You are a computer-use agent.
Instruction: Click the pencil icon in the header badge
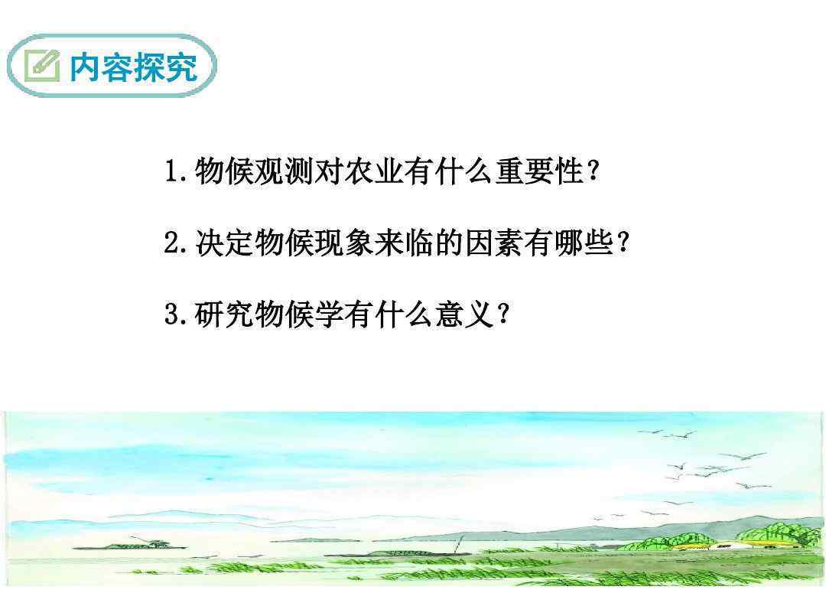[42, 65]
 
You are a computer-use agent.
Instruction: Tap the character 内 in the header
[85, 67]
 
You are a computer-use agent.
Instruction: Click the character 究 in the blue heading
[182, 67]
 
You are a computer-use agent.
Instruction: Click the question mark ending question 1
[593, 171]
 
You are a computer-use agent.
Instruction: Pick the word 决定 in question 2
[225, 243]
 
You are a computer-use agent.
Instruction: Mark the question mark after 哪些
[623, 243]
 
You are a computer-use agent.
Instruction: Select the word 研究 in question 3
[225, 314]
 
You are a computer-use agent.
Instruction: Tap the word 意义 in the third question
[465, 314]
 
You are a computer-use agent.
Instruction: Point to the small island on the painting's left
[129, 544]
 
